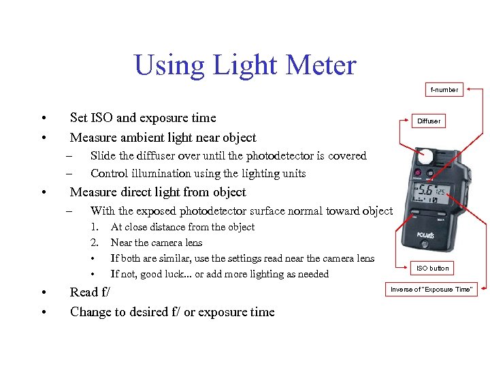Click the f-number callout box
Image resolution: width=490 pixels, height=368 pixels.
(444, 89)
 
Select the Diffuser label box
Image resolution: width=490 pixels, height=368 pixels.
(429, 121)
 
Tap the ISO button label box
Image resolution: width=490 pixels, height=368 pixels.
(433, 268)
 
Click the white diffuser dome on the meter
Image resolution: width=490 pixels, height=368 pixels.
(425, 156)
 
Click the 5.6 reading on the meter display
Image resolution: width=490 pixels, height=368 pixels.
(427, 192)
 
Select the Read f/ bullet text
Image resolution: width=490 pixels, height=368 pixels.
(90, 292)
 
